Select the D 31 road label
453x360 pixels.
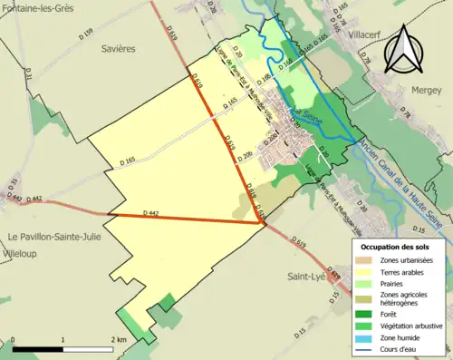coord(25,79)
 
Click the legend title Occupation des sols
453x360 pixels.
coord(395,246)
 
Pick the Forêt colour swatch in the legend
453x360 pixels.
coord(366,306)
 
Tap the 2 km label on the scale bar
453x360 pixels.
coord(117,339)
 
